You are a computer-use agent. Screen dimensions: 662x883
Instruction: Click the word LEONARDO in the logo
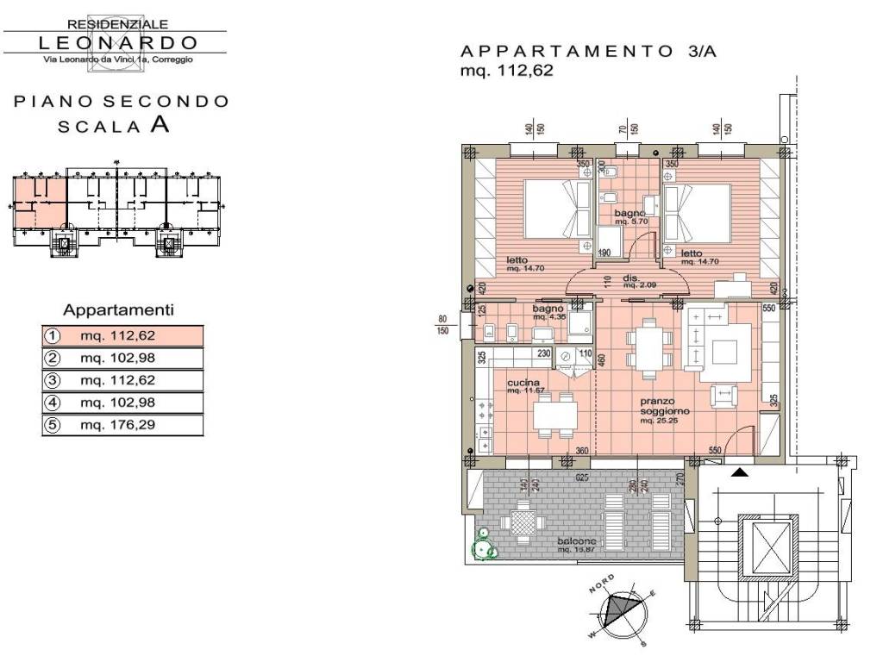[x=118, y=42]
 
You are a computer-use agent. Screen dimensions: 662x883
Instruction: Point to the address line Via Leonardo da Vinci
[x=118, y=59]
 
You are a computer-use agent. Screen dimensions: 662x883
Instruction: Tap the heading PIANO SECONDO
[x=122, y=102]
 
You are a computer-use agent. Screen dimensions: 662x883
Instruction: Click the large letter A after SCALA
[x=160, y=124]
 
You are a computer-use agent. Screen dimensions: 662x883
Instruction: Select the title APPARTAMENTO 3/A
[x=589, y=52]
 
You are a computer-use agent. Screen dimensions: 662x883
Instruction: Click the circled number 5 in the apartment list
[x=53, y=425]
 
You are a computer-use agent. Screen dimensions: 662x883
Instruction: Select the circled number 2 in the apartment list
[x=53, y=358]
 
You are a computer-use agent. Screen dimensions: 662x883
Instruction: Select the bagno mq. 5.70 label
[x=629, y=215]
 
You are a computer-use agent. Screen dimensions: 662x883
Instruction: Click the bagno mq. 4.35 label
[x=548, y=311]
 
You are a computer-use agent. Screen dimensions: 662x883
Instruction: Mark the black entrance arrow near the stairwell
[x=740, y=472]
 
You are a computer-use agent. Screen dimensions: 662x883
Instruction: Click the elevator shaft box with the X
[x=766, y=546]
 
